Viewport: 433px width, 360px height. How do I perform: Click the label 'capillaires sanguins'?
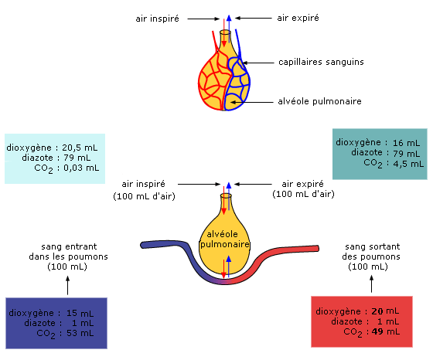[x=321, y=63]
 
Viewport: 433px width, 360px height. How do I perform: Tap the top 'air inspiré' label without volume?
[x=158, y=19]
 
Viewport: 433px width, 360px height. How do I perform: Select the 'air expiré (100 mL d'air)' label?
[x=303, y=189]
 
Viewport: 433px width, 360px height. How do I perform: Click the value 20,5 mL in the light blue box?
[x=80, y=148]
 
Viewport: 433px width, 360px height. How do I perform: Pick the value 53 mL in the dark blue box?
[x=80, y=333]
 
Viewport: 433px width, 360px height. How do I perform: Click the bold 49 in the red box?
[x=377, y=331]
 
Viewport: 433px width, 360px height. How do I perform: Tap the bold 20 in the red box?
[x=377, y=311]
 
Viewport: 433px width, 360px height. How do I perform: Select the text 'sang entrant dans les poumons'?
[x=69, y=252]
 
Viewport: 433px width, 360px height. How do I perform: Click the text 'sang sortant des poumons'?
[x=371, y=252]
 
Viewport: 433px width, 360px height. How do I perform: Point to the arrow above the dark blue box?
[x=68, y=285]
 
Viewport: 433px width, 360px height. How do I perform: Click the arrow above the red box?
[x=371, y=284]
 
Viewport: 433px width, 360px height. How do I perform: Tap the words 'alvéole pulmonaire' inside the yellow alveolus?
[x=224, y=239]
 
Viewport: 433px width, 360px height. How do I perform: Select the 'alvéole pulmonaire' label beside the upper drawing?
[x=319, y=101]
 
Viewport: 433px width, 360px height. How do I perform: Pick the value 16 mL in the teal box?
[x=407, y=143]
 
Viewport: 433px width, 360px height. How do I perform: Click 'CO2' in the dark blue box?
[x=46, y=334]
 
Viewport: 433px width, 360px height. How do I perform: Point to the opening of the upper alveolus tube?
[x=225, y=32]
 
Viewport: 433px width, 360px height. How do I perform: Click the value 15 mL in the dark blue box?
[x=80, y=314]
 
